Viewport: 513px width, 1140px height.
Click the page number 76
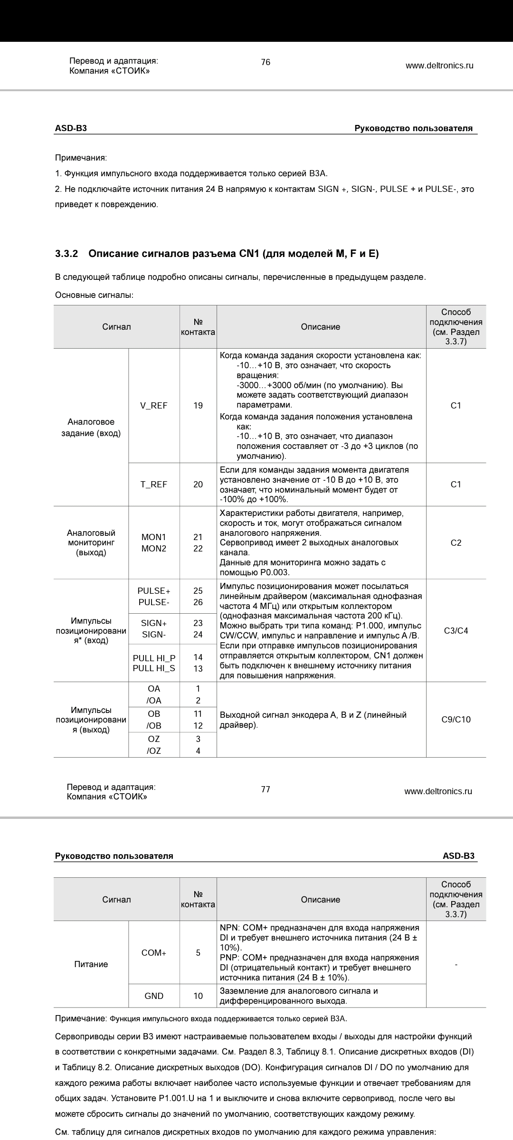point(266,62)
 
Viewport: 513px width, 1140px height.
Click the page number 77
point(266,789)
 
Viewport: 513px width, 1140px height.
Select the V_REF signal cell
point(154,406)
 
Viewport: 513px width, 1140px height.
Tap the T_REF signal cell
point(154,484)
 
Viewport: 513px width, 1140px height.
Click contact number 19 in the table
point(198,406)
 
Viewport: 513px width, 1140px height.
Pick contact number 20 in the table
point(198,484)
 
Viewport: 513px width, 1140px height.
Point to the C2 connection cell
point(456,543)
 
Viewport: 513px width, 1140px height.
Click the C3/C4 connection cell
point(456,631)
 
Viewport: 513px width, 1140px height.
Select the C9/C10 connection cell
point(456,720)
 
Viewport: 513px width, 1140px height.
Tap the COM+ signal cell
point(154,953)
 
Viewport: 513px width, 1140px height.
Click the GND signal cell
point(154,996)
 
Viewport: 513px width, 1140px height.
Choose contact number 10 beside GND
point(198,996)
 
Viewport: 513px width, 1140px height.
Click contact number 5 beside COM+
point(198,953)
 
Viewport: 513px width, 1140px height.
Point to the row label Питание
point(91,964)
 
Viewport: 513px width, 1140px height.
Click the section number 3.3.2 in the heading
point(66,254)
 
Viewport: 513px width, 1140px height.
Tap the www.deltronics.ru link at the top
point(439,66)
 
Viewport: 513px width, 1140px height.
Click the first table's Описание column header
point(321,327)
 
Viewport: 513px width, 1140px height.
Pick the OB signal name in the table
point(154,714)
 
